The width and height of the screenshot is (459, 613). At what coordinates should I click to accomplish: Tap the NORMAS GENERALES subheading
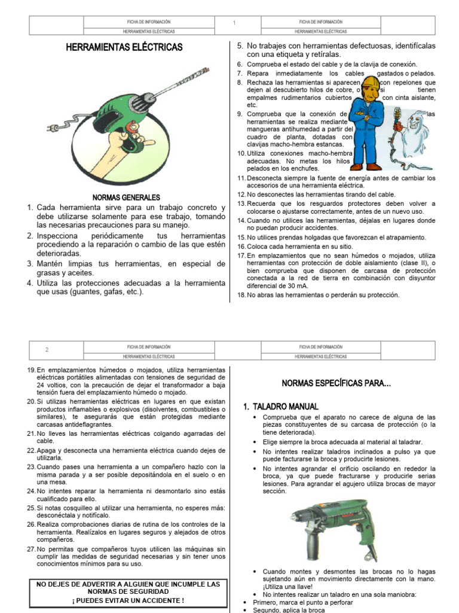126,197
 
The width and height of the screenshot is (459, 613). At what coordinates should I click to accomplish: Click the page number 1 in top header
235,23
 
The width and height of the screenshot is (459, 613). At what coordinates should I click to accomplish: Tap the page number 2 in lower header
47,350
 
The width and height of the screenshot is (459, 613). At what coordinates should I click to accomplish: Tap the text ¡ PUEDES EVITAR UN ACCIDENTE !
125,600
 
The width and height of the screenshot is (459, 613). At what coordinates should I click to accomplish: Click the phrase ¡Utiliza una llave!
290,587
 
